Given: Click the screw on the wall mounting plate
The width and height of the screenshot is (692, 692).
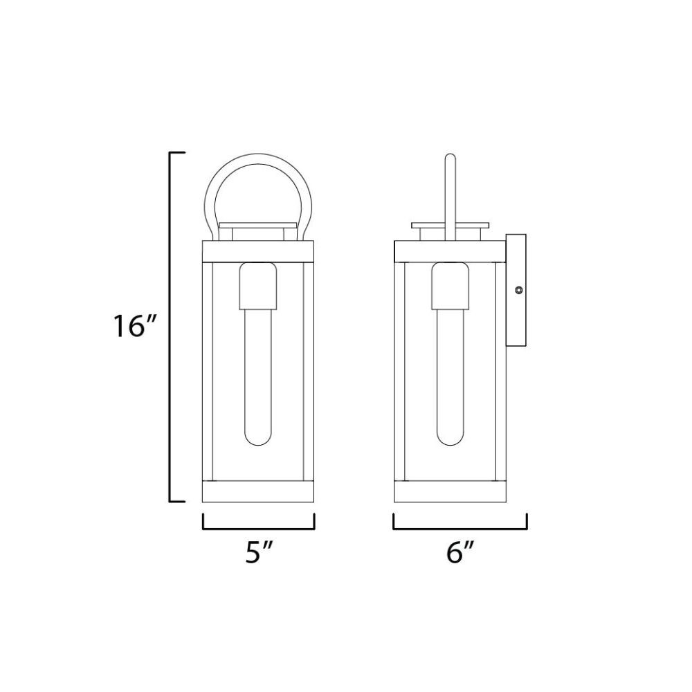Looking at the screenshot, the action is pyautogui.click(x=519, y=290).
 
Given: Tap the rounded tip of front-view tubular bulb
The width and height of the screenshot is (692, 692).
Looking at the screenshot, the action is pyautogui.click(x=257, y=441).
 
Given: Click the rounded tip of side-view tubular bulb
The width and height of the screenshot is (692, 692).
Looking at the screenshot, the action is pyautogui.click(x=450, y=441).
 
